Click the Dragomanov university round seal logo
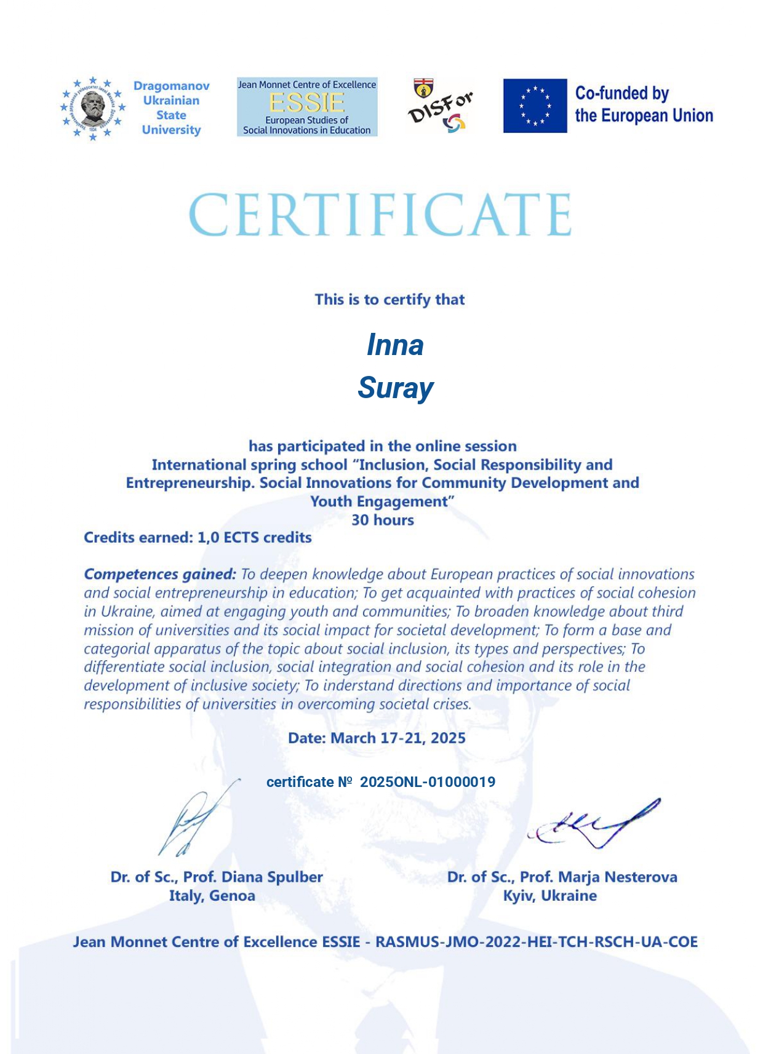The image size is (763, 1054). [93, 108]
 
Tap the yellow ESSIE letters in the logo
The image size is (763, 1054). [306, 102]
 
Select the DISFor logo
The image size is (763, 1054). [440, 106]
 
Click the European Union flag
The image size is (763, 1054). [535, 106]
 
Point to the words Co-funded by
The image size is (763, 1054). [621, 94]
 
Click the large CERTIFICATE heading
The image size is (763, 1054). [380, 215]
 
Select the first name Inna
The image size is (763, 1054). [395, 345]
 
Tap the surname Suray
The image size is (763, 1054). [396, 388]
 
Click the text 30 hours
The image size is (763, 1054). [382, 520]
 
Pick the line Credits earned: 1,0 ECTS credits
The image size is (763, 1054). [198, 537]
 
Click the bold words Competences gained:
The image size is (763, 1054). [160, 574]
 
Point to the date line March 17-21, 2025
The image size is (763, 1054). [377, 738]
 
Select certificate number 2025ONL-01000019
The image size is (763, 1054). [427, 782]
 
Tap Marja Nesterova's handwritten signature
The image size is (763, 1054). [594, 824]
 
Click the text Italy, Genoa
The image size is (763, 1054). [212, 895]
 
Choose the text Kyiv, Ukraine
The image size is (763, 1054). [549, 895]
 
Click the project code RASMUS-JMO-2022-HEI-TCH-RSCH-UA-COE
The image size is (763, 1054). [536, 942]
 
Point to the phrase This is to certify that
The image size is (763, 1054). [389, 300]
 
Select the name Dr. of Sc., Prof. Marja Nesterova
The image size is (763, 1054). [562, 877]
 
